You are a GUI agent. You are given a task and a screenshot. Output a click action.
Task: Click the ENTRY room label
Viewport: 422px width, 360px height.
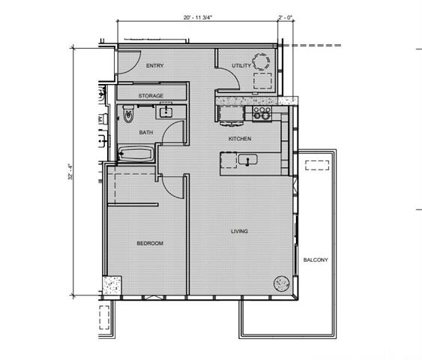154,66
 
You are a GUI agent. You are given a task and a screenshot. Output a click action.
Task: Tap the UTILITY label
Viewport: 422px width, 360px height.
241,66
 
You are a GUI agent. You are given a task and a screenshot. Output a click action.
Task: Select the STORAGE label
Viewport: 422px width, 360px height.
151,96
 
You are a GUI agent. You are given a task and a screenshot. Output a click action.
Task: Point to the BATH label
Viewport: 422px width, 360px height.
146,133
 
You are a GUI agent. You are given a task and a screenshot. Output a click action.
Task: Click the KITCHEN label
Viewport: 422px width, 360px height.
240,139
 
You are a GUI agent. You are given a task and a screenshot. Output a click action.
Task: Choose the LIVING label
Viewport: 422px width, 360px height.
240,231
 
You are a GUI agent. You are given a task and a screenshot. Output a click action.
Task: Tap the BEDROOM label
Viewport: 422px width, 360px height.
149,243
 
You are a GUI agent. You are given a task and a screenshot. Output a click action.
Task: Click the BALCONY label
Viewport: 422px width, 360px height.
315,259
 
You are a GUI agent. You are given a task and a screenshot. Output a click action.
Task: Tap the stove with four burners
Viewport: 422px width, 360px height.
262,113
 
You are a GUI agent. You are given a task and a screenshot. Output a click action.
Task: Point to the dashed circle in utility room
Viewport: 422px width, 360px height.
262,61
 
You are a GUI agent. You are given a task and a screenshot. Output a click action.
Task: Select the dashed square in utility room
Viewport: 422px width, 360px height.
262,82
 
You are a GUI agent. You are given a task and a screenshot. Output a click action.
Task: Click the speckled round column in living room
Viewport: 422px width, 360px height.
280,283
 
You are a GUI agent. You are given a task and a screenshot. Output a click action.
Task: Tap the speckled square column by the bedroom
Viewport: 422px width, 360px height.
112,285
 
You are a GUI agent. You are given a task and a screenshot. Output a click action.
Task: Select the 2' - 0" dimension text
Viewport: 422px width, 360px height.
286,16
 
